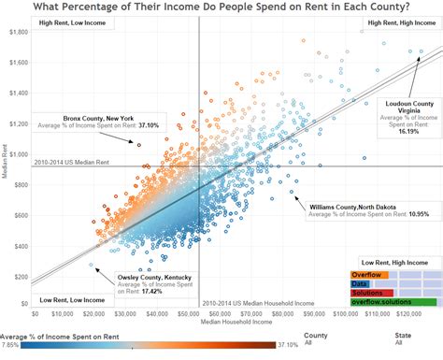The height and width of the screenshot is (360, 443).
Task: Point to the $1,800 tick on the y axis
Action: point(18,32)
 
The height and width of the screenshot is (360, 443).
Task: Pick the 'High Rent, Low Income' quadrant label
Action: point(66,22)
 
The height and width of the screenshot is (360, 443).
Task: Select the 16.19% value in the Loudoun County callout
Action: point(408,132)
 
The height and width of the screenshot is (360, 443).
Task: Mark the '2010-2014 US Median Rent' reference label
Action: point(71,162)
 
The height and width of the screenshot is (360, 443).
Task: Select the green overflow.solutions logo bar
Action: point(393,302)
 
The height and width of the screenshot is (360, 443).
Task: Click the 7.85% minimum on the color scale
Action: point(9,344)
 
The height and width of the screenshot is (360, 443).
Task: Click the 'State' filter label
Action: point(403,333)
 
